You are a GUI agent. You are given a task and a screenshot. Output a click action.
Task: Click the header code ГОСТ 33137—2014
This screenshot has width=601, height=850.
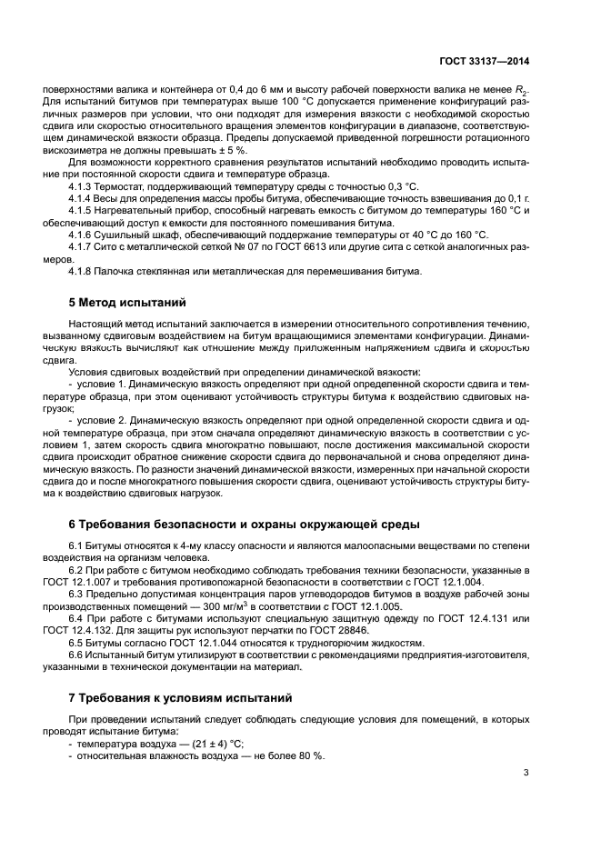484,60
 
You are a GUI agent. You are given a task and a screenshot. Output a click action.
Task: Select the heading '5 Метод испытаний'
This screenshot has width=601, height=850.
125,303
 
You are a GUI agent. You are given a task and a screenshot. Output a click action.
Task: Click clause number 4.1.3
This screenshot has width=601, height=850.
85,185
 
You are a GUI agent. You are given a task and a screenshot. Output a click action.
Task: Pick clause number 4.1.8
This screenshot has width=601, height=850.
85,270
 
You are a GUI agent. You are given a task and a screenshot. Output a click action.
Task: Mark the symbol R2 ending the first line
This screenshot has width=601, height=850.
523,92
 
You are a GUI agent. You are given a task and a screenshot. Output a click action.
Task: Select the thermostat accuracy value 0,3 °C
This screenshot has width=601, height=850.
364,185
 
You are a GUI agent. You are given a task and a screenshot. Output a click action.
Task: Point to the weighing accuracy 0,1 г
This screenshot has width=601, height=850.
516,197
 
